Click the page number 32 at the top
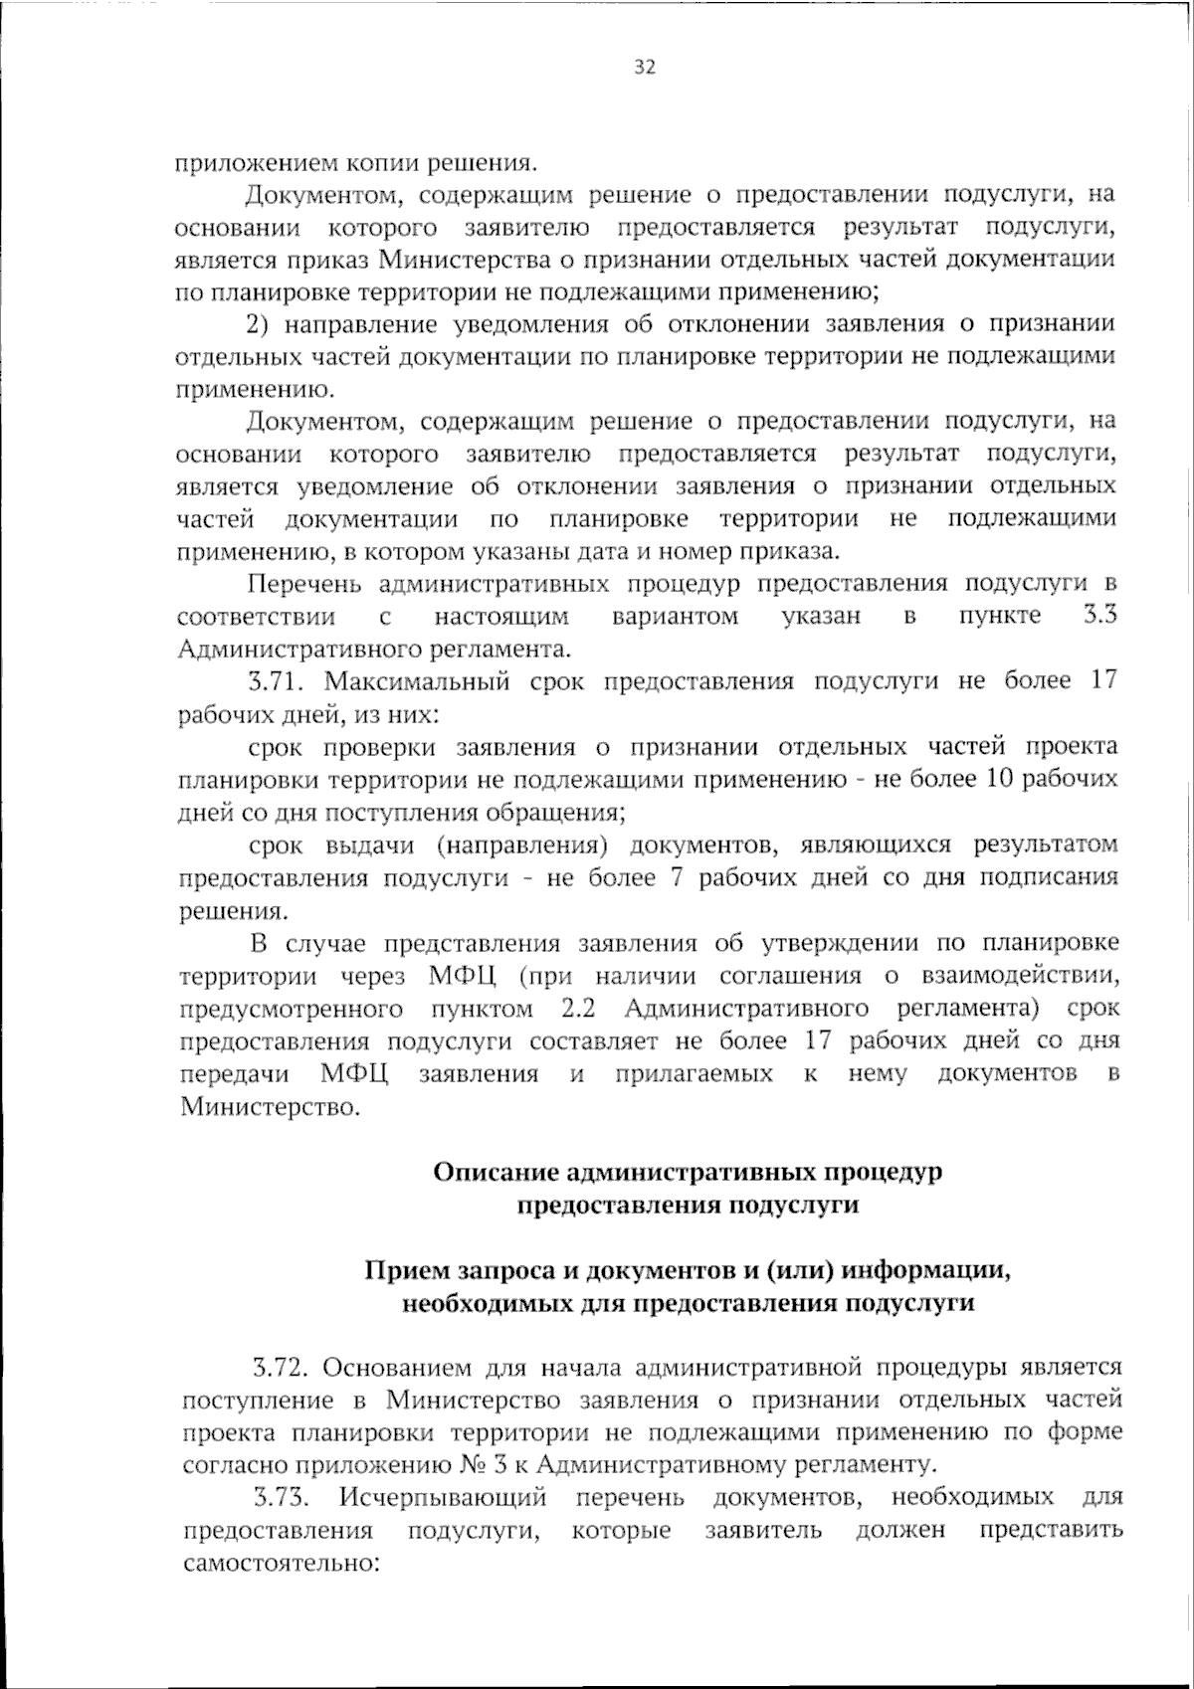[644, 67]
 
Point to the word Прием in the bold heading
[406, 1269]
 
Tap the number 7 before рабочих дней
[674, 877]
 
